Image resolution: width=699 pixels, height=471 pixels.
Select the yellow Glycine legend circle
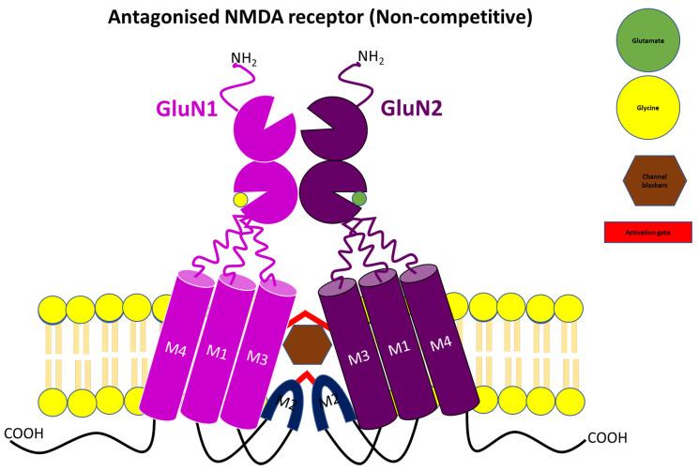(x=647, y=107)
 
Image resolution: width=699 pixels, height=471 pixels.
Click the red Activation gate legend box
(x=648, y=231)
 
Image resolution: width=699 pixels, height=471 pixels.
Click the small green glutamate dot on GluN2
(x=358, y=198)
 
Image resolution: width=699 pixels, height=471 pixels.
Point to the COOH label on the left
(x=25, y=433)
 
